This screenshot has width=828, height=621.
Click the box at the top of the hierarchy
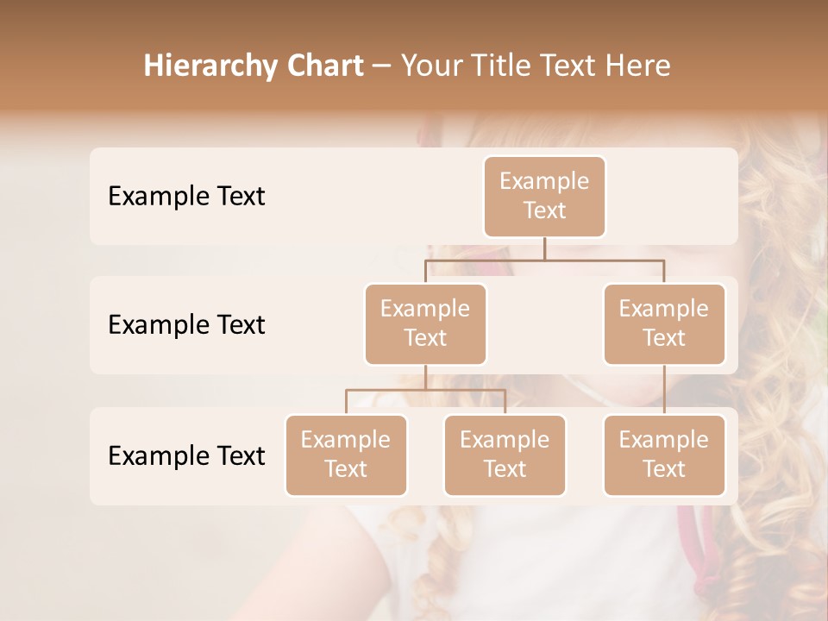tap(544, 196)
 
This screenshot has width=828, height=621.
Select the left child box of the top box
tap(425, 323)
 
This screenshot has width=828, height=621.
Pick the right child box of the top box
tap(664, 323)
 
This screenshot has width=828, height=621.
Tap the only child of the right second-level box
tap(664, 455)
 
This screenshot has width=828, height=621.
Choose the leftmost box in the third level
tap(346, 455)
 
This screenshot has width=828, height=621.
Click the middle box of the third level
tap(505, 455)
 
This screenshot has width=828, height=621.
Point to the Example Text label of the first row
tap(186, 196)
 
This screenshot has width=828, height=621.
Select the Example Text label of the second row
tap(186, 324)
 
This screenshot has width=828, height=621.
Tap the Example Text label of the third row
tap(186, 455)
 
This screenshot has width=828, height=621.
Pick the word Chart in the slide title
tap(324, 66)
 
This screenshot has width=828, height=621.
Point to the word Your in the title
tap(430, 66)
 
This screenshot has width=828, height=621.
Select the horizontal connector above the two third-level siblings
tap(425, 390)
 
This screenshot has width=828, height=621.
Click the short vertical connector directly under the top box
tap(544, 248)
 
